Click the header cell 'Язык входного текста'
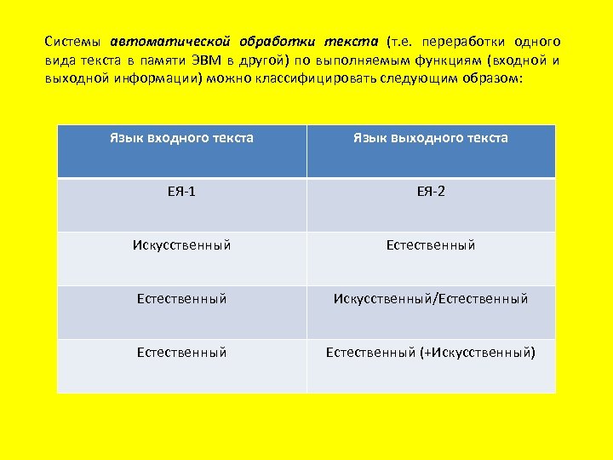(x=181, y=138)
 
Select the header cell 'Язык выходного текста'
(x=431, y=138)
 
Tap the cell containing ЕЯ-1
(x=181, y=192)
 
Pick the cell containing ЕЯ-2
(x=431, y=192)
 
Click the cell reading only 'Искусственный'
(x=181, y=245)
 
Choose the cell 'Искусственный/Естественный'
(x=431, y=299)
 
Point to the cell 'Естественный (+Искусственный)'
(x=431, y=353)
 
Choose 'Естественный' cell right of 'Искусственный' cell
(x=431, y=245)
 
